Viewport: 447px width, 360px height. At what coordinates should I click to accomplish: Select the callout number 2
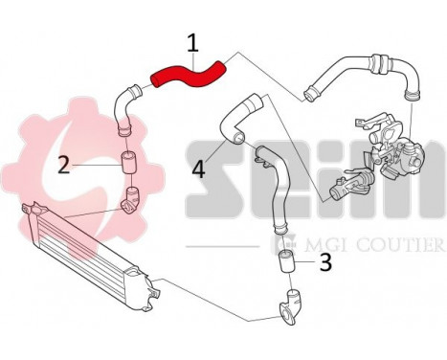(64, 165)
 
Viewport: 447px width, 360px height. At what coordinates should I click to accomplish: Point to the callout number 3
(325, 261)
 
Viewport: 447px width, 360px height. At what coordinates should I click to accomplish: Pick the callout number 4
(198, 169)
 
